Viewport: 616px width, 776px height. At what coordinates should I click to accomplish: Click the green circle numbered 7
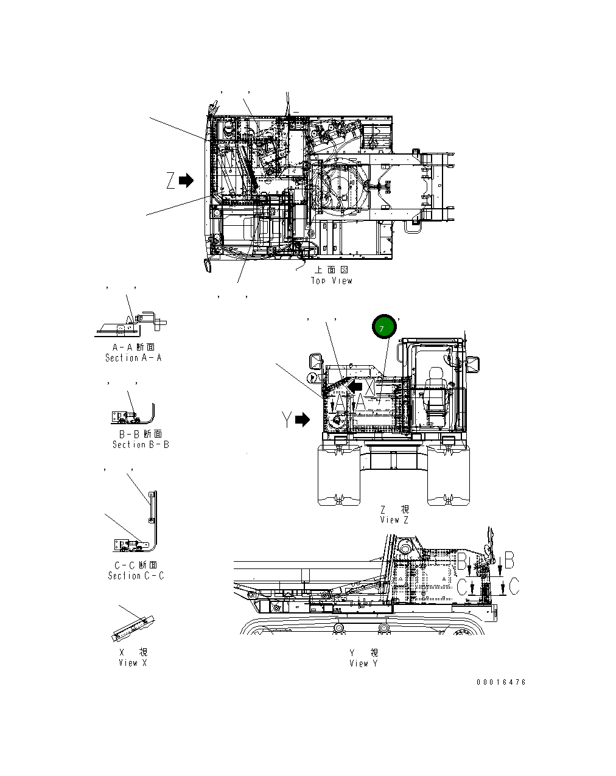coord(384,328)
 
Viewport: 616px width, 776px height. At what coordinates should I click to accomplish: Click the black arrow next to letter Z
coord(186,180)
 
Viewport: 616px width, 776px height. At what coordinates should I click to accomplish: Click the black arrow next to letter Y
coord(303,420)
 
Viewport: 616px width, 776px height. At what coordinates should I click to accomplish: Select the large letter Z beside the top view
coord(171,181)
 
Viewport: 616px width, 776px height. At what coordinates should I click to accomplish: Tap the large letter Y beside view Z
coord(287,420)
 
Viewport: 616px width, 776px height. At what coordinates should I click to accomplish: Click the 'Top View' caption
coord(331,281)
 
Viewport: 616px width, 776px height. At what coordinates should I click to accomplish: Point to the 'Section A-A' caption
coord(133,358)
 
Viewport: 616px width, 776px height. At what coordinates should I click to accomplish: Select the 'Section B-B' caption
coord(141,444)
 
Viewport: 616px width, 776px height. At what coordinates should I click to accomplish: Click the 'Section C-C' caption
coord(136,576)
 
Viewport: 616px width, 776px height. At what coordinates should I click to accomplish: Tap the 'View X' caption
coord(133,663)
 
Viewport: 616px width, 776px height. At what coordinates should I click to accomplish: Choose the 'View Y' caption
coord(363,663)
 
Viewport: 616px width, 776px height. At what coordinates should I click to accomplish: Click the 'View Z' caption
coord(394,520)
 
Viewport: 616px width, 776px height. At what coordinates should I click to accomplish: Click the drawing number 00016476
coord(501,682)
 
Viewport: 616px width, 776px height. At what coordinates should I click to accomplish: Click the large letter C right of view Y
coord(514,587)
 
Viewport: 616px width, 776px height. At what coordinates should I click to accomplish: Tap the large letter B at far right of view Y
coord(510,559)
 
